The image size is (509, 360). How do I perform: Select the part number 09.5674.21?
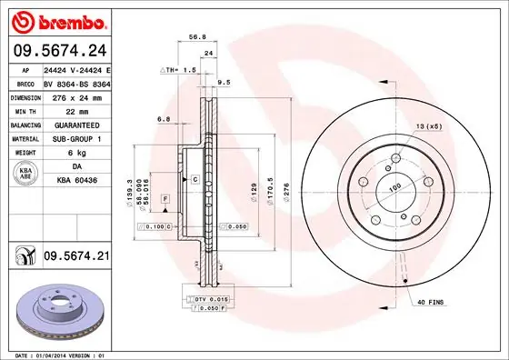(x=75, y=259)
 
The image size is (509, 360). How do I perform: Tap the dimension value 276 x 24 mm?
(x=76, y=96)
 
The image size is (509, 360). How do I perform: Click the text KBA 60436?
(x=76, y=182)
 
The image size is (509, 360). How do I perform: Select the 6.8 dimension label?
(x=164, y=118)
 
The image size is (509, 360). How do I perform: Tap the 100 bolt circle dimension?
(x=394, y=189)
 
